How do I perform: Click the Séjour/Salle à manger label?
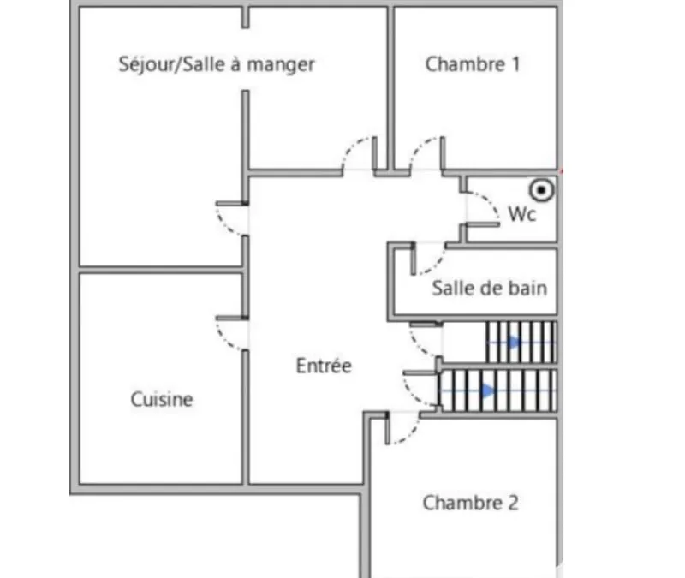click(217, 65)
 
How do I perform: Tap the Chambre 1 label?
click(473, 64)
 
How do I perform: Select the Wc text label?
click(522, 214)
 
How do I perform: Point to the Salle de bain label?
click(489, 289)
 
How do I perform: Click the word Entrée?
click(324, 366)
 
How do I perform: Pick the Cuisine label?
click(162, 399)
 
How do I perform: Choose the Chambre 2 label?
click(470, 503)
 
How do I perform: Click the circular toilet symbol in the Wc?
click(542, 190)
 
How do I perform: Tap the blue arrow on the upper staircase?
click(515, 342)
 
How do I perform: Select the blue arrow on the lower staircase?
click(487, 390)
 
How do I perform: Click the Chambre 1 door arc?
click(419, 147)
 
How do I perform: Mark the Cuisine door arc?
click(224, 341)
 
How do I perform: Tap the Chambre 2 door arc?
click(411, 435)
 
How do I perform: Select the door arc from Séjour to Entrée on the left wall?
click(224, 226)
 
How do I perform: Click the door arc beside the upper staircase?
click(417, 345)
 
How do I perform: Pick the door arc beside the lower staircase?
click(411, 395)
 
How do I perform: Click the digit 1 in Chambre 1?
click(516, 64)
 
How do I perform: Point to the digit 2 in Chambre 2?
click(513, 503)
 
